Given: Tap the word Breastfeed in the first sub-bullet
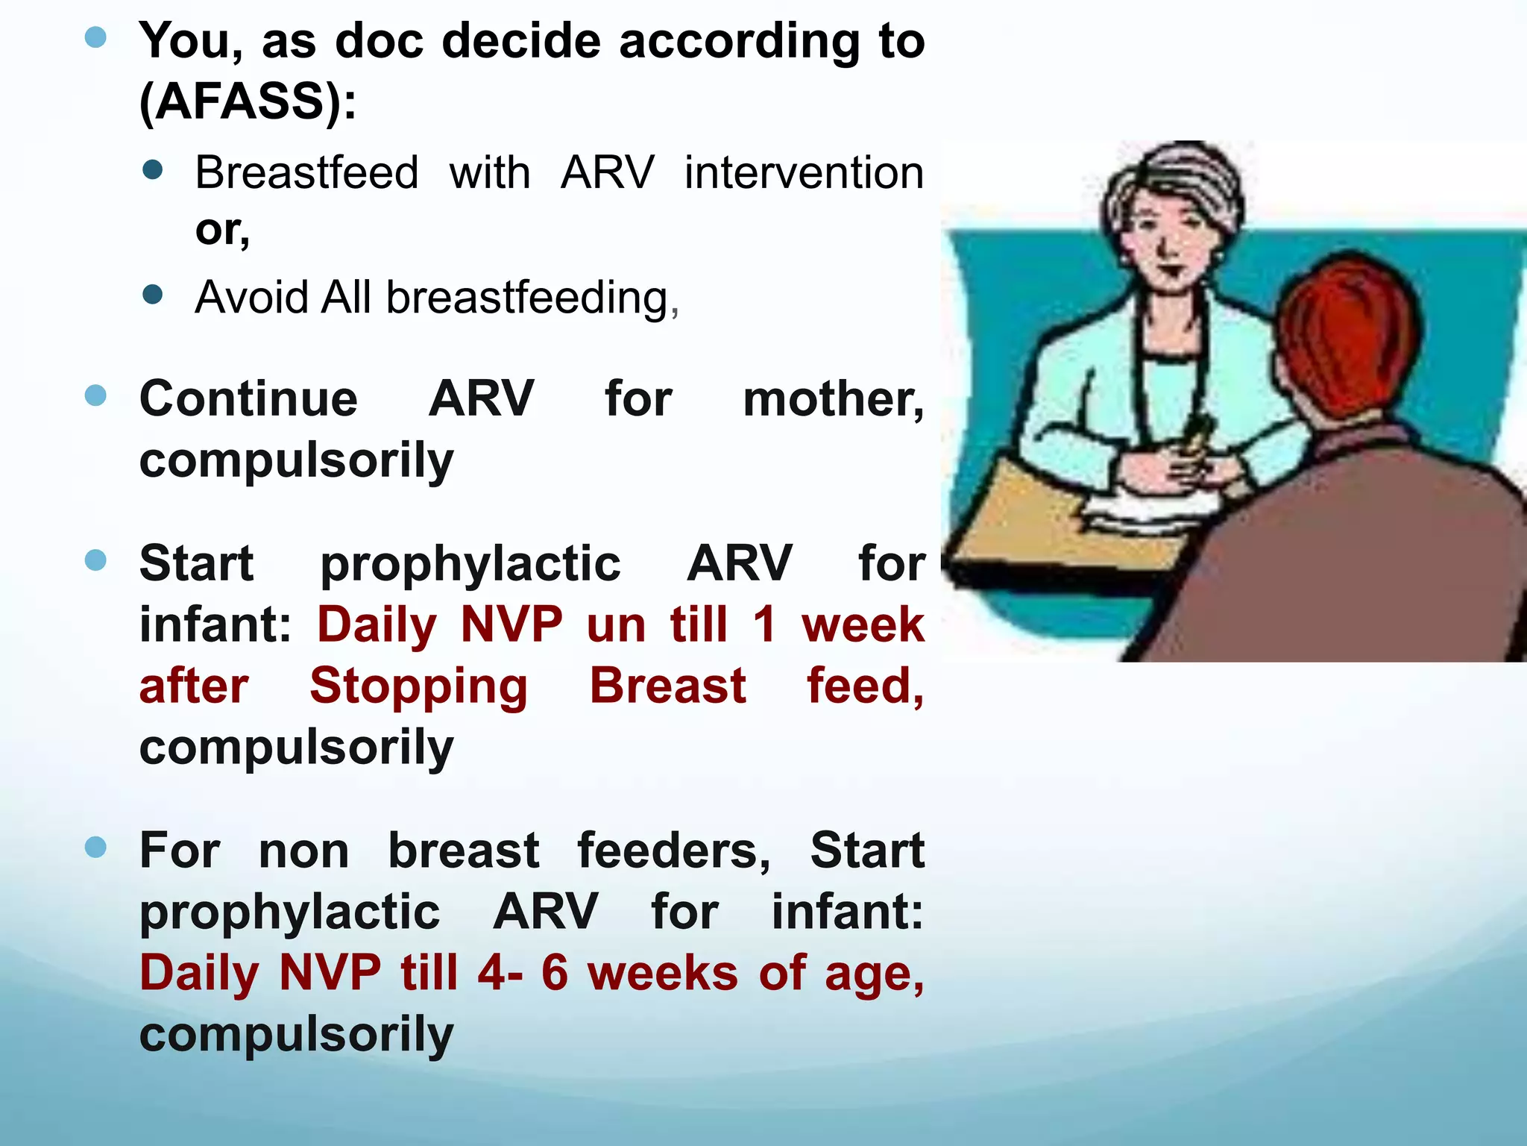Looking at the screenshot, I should click(x=306, y=172).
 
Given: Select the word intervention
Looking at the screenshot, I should click(x=804, y=172).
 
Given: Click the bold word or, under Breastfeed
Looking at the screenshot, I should click(x=221, y=229).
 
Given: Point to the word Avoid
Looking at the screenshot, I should click(x=251, y=297).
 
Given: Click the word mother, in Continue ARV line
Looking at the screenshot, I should click(x=833, y=398).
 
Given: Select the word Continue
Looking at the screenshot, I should click(x=248, y=398).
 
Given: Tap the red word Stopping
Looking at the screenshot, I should click(x=418, y=686).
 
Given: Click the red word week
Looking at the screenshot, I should click(x=863, y=624).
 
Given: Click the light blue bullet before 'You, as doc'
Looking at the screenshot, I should click(x=95, y=37).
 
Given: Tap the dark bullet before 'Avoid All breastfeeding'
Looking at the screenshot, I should click(x=152, y=294).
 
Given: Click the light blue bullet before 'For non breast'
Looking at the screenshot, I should click(x=95, y=847).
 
